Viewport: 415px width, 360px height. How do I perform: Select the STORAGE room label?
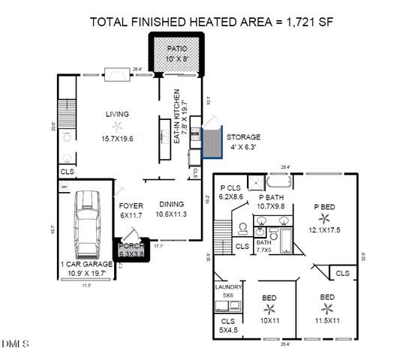pos(244,137)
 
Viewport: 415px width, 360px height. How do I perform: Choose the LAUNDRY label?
pos(228,287)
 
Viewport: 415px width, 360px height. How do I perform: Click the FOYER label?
pos(131,205)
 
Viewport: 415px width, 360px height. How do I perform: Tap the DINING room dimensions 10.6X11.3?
pos(171,214)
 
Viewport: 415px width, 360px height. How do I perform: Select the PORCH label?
pos(131,245)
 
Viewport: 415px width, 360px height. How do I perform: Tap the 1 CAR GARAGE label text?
pos(86,265)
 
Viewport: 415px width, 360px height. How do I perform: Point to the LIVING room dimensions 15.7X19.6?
pos(117,138)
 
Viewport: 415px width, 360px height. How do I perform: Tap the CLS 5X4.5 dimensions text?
pos(228,329)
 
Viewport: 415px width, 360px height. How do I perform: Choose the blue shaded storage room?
pos(213,142)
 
